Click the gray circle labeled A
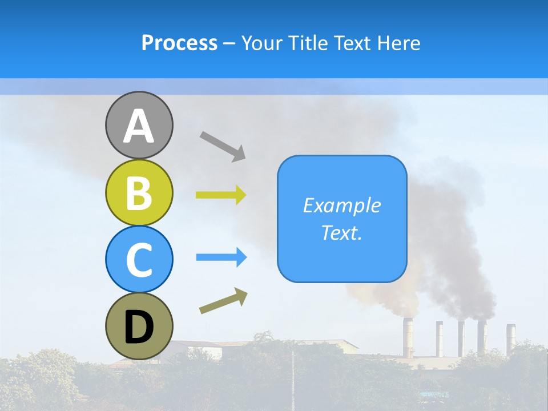click(139, 125)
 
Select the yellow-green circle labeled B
click(139, 192)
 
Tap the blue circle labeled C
click(139, 259)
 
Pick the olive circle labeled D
click(139, 326)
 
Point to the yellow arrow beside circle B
click(221, 195)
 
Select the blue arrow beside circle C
click(221, 257)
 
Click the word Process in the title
click(179, 43)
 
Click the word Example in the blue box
click(341, 205)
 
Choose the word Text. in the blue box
click(341, 232)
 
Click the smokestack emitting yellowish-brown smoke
click(408, 337)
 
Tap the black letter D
click(139, 328)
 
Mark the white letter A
click(139, 126)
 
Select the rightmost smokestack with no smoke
click(510, 337)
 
